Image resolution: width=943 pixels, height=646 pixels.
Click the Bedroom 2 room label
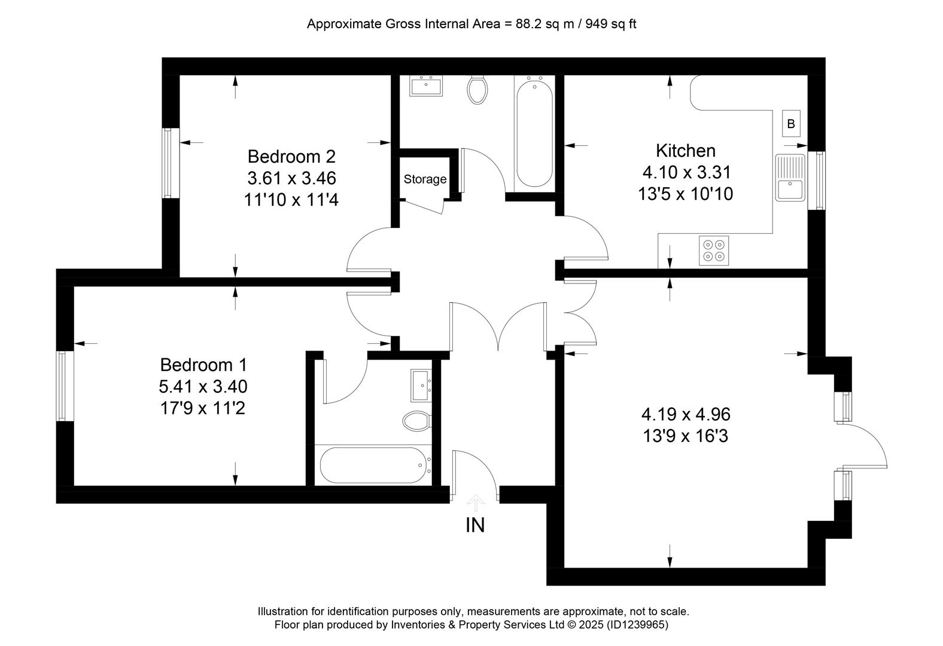291,157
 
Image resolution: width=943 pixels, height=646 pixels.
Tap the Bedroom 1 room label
203,364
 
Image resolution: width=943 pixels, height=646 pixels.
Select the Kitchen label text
685,151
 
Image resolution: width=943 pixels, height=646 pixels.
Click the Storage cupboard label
425,179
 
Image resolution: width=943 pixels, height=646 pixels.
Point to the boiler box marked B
791,124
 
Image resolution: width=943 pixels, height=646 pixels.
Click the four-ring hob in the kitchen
714,251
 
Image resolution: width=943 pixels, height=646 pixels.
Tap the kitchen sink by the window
790,178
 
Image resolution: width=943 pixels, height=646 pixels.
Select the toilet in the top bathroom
477,90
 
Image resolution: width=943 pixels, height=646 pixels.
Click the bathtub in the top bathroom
535,132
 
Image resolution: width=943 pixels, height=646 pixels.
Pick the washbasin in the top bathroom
426,86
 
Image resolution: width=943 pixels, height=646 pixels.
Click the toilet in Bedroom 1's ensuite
417,421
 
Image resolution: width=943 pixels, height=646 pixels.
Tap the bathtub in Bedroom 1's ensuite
374,465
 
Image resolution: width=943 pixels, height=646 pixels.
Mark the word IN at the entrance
475,525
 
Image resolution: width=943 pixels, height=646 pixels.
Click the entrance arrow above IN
476,503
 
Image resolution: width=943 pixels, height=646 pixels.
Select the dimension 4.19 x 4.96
686,414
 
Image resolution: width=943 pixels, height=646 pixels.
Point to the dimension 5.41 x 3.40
203,386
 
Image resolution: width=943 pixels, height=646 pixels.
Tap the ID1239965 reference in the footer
637,624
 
